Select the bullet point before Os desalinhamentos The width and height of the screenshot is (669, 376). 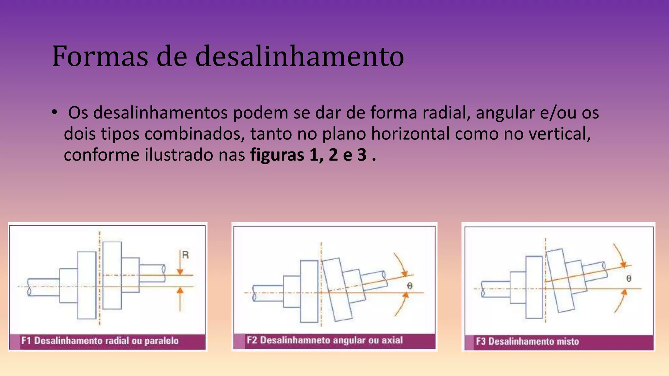coord(54,112)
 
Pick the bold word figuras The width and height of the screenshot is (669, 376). coord(277,155)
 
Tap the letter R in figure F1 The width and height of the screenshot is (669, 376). coord(185,255)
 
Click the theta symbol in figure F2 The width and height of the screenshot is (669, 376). coord(410,286)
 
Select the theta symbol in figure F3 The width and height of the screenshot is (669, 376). coord(628,278)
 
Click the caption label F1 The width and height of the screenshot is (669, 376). coord(26,341)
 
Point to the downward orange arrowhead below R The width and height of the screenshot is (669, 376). coord(180,272)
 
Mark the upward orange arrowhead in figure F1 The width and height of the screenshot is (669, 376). coord(180,290)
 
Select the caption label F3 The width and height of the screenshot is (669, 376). coord(481,341)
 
